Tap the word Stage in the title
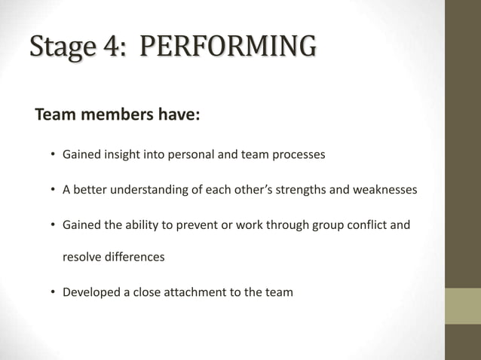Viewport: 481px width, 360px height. [57, 46]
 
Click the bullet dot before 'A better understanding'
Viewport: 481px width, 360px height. [54, 190]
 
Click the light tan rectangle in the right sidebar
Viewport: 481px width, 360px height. [462, 306]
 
